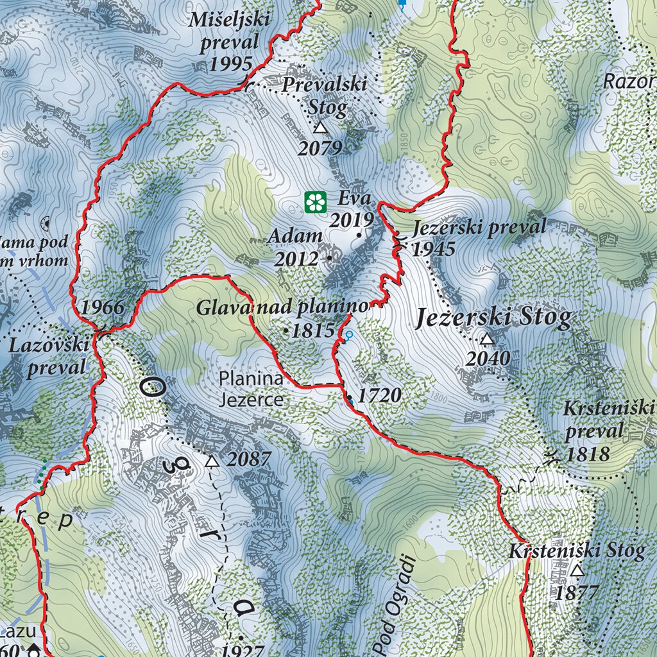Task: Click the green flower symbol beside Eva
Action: [315, 202]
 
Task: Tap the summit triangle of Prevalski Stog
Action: [320, 128]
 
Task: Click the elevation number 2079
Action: [320, 148]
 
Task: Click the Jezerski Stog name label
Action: [493, 318]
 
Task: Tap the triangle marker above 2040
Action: [487, 339]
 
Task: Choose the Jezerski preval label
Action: [479, 228]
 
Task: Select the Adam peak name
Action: [295, 236]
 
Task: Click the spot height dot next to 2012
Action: [330, 258]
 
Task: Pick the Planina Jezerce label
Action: [251, 389]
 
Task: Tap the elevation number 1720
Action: [379, 396]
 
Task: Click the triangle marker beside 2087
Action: [212, 461]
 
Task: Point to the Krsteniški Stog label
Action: [577, 551]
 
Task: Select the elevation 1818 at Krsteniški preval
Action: [587, 454]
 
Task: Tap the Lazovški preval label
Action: [49, 356]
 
